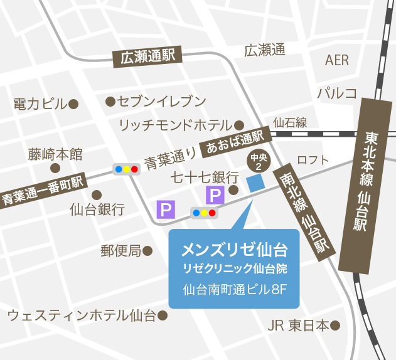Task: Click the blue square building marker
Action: pos(255,183)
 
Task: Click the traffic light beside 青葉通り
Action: pos(126,169)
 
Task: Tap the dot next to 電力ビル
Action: pos(73,103)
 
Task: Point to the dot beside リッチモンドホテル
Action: pos(239,124)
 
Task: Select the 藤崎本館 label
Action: pos(55,154)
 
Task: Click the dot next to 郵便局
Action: pos(147,251)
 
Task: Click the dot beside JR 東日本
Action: pos(335,326)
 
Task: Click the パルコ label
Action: pos(337,94)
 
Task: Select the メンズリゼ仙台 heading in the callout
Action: pos(234,250)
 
